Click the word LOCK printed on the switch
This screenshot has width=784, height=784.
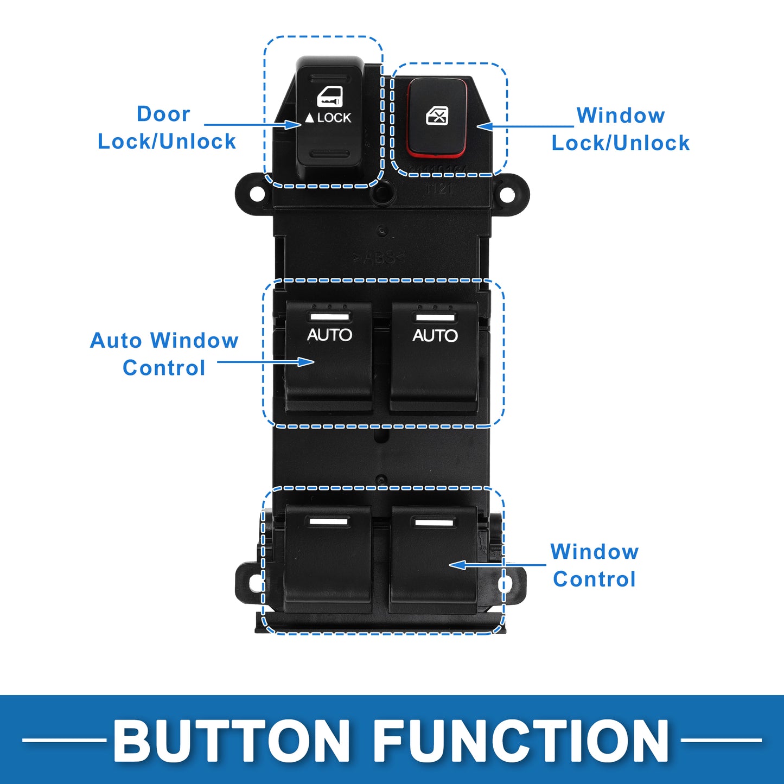coord(334,118)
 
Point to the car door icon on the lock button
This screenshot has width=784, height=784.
coord(330,98)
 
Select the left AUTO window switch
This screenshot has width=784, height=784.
coord(329,358)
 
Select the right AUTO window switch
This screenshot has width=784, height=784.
coord(434,358)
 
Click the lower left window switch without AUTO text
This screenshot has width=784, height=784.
coord(328,559)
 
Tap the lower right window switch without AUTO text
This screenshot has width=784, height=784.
coord(434,559)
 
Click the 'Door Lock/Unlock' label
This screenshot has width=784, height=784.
coord(167,128)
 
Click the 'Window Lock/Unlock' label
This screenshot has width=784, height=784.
coord(621,129)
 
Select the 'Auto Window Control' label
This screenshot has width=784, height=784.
coord(164,354)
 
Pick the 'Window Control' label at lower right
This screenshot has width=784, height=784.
coord(595,565)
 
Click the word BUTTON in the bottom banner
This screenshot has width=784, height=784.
coord(232,741)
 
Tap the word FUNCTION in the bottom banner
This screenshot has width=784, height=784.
coord(521,741)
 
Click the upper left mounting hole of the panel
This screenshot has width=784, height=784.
coord(257,194)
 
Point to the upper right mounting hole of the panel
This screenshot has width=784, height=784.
coord(507,194)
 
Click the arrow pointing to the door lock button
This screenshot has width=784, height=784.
coord(252,125)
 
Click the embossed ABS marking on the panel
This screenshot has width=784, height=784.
coord(378,258)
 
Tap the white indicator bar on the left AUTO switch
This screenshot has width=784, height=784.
coord(329,317)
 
